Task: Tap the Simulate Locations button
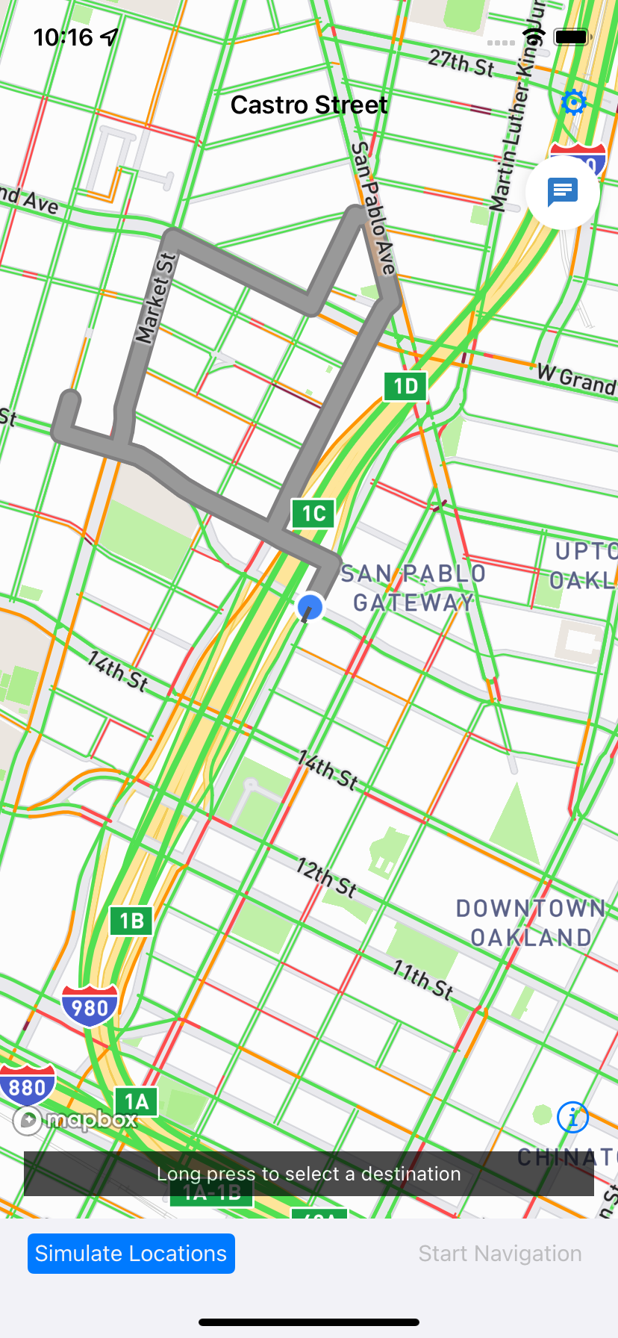[x=131, y=1254]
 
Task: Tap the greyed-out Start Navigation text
[x=499, y=1254]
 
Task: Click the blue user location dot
[x=310, y=607]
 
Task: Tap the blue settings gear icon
[x=573, y=102]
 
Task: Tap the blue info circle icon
[x=572, y=1118]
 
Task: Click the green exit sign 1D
[x=405, y=386]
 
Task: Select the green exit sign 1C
[x=313, y=514]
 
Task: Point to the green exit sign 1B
[x=131, y=921]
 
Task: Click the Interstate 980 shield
[x=90, y=1006]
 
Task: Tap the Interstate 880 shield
[x=27, y=1086]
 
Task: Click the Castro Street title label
[x=308, y=105]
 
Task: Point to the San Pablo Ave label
[x=372, y=208]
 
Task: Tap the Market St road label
[x=155, y=299]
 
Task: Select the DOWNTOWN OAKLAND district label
[x=531, y=923]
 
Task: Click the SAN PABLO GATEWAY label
[x=413, y=588]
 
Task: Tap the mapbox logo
[x=75, y=1120]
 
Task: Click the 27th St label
[x=461, y=63]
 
